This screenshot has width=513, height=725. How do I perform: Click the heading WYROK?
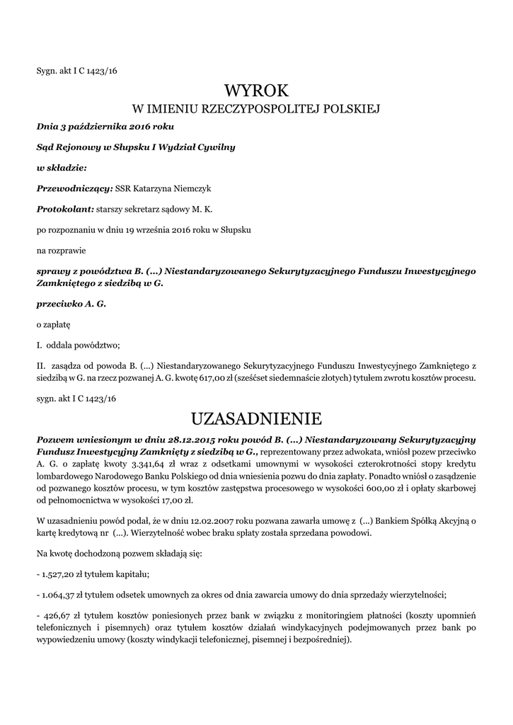point(256,91)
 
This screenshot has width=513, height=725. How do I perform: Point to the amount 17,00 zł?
point(178,501)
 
